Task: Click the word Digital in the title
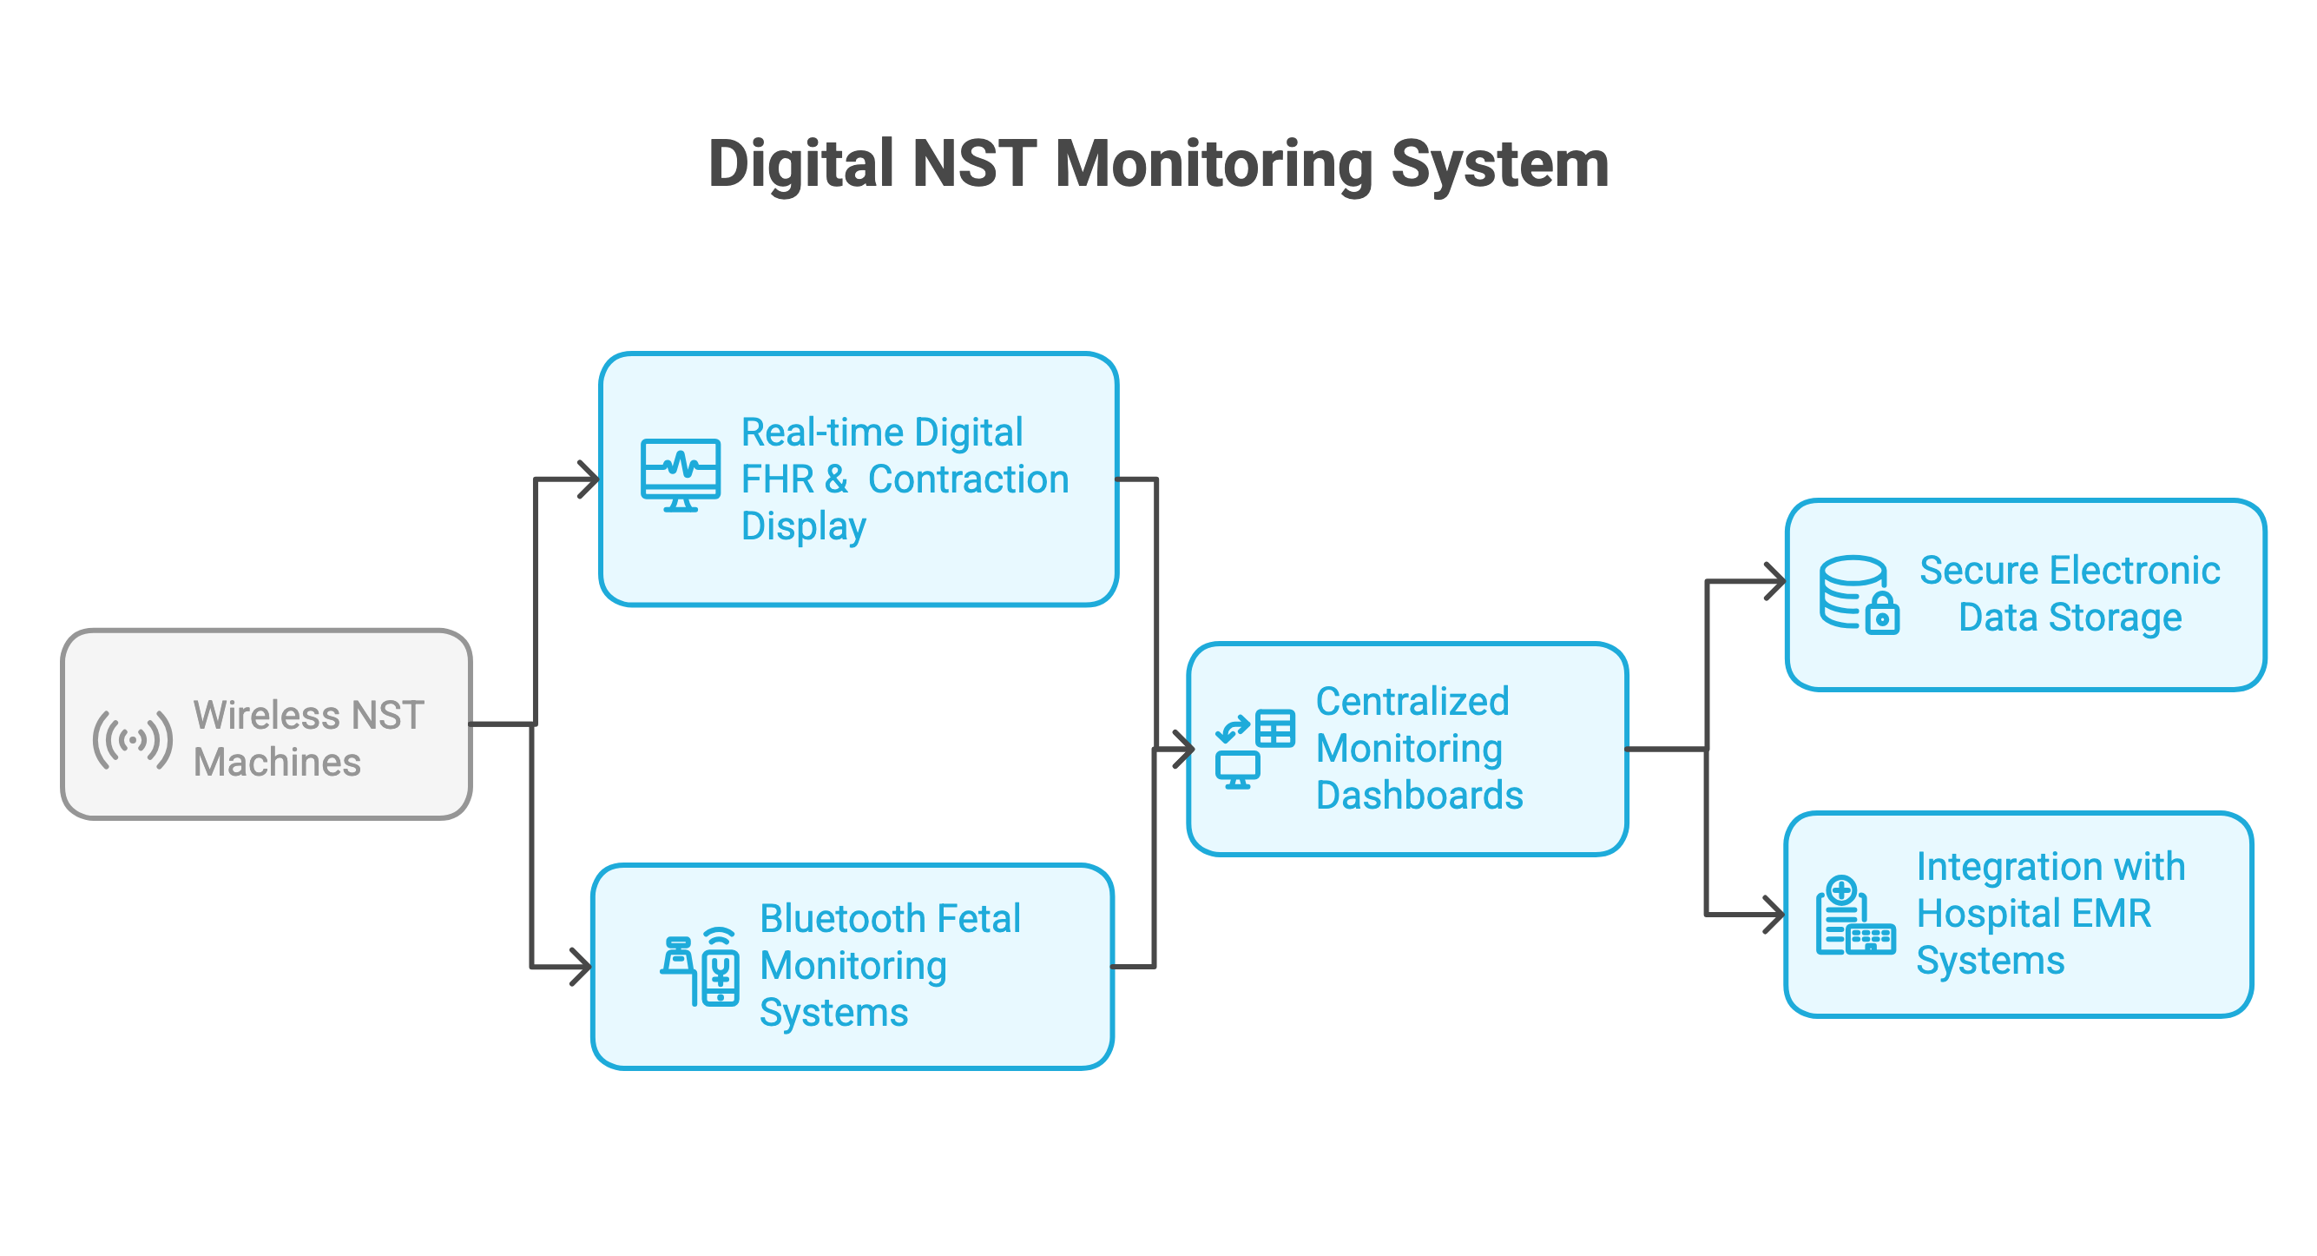[800, 165]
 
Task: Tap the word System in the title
[1499, 165]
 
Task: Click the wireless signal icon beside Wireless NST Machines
[132, 739]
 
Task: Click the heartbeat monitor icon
[680, 474]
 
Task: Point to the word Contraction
[968, 479]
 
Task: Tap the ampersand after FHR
[836, 479]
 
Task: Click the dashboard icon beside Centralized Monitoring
[1254, 750]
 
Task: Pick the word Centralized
[1412, 702]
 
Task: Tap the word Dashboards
[1419, 796]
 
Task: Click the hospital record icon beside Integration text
[1853, 915]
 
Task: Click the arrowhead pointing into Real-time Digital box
[589, 479]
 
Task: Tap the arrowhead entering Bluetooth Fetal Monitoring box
[582, 968]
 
